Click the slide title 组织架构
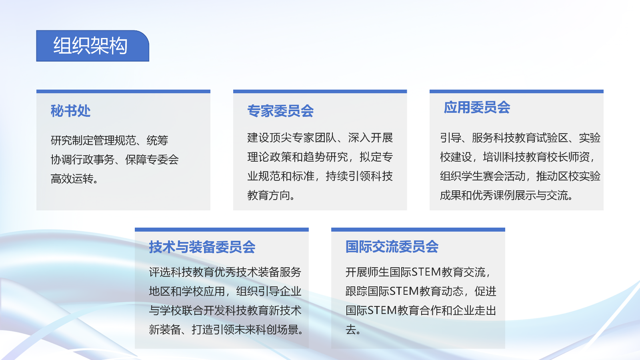(x=90, y=46)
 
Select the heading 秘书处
(x=70, y=111)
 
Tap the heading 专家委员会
(x=280, y=111)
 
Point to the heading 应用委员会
(x=477, y=107)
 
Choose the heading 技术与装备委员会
(x=202, y=247)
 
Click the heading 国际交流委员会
(x=392, y=247)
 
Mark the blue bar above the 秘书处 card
(x=123, y=92)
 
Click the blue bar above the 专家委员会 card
(x=320, y=92)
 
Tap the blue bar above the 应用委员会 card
(x=516, y=92)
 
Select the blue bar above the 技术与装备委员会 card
(x=222, y=230)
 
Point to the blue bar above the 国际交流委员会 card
(x=418, y=230)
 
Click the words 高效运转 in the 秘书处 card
(x=72, y=179)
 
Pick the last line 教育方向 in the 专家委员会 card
(x=269, y=195)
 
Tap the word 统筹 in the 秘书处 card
(x=157, y=140)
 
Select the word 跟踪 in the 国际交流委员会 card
(x=356, y=291)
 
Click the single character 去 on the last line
(x=351, y=330)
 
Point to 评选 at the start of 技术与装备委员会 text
(x=160, y=272)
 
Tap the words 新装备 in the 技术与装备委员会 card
(x=165, y=330)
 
